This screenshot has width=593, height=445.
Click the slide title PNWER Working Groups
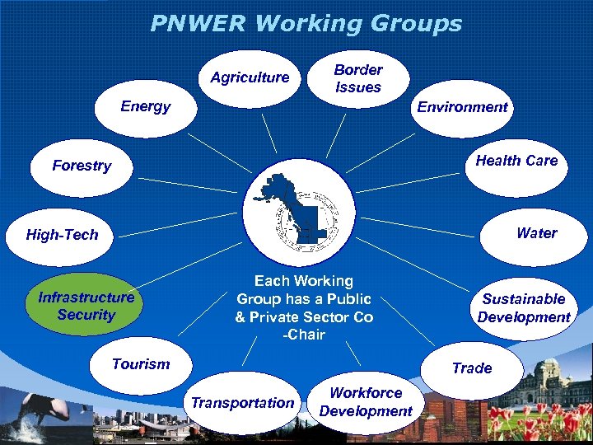(306, 23)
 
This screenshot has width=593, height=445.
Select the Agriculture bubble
(250, 78)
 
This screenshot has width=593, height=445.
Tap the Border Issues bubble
(358, 78)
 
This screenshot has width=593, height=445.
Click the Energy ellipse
(145, 107)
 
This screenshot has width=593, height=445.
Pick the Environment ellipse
(462, 107)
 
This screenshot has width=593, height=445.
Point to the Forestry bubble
(82, 166)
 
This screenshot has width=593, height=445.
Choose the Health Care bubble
(516, 162)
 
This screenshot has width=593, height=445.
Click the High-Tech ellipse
(63, 235)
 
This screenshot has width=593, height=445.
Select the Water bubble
(536, 234)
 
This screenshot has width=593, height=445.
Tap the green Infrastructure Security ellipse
(86, 306)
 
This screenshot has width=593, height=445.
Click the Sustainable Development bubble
(524, 308)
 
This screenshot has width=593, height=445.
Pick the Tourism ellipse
(141, 364)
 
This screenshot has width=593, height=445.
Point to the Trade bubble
(472, 368)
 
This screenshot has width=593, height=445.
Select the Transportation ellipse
(242, 403)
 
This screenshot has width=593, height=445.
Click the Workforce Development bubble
(366, 402)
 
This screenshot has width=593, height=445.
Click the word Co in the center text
(363, 317)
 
